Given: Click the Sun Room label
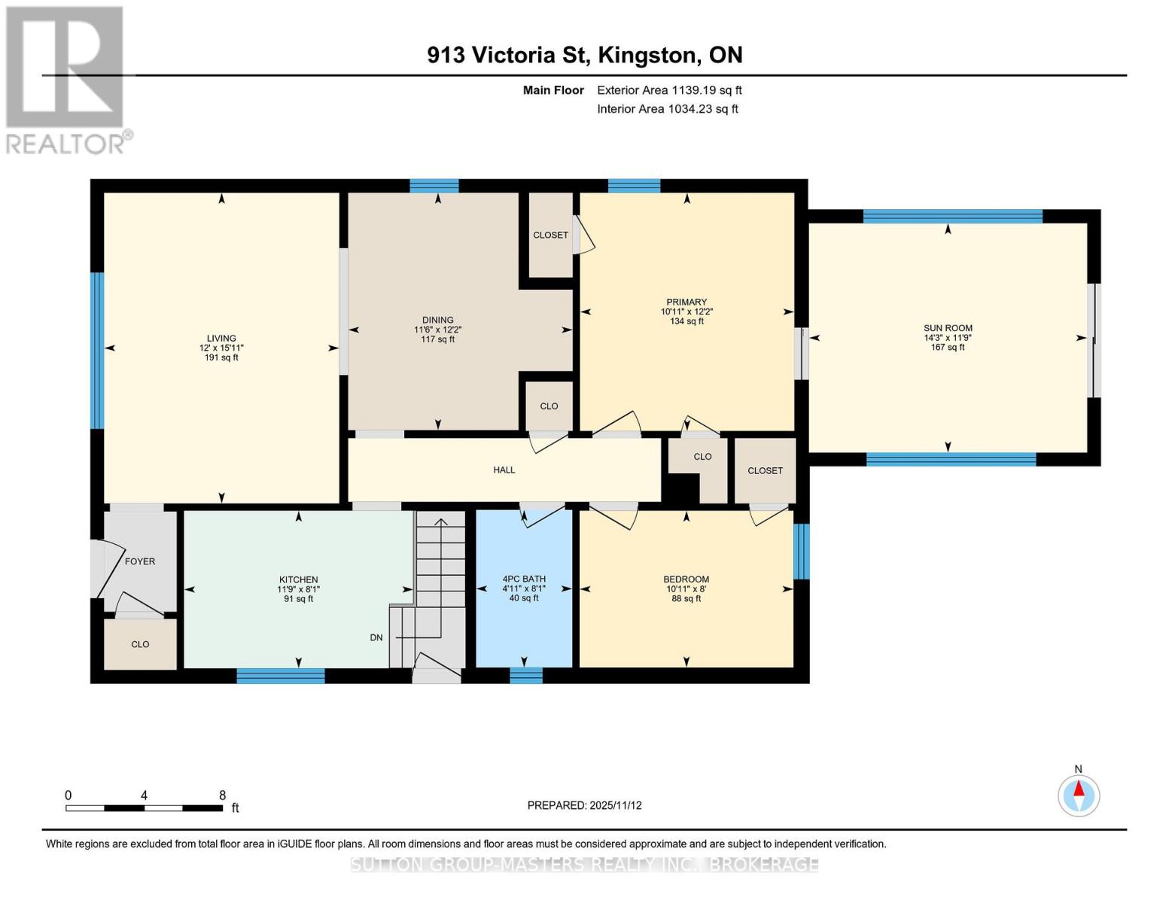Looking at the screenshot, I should coord(948,328).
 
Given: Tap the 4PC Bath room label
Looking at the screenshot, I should coord(524,579).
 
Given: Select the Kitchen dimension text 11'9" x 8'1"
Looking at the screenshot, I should coord(298,589).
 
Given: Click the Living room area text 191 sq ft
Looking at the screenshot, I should coord(221,357).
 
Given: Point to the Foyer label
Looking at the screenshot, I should coord(140,561).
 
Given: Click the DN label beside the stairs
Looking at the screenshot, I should coord(376,637).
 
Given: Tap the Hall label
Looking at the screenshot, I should coord(504,470).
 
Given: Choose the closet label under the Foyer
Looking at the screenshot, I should coord(140,644).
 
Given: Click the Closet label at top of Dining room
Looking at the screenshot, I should coord(550,235).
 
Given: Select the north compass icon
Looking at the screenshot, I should coord(1079,795).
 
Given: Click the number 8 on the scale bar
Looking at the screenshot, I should coord(222,795).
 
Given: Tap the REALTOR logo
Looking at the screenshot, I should coord(66,80).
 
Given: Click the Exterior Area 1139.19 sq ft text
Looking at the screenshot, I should coord(669,90).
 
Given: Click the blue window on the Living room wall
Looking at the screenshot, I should coord(97,350).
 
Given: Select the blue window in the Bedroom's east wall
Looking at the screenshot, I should coord(802,551).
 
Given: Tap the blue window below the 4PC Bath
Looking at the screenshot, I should coord(525,675).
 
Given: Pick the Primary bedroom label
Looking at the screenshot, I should coord(686,302).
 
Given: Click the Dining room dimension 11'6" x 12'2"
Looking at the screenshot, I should coord(437,330).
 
